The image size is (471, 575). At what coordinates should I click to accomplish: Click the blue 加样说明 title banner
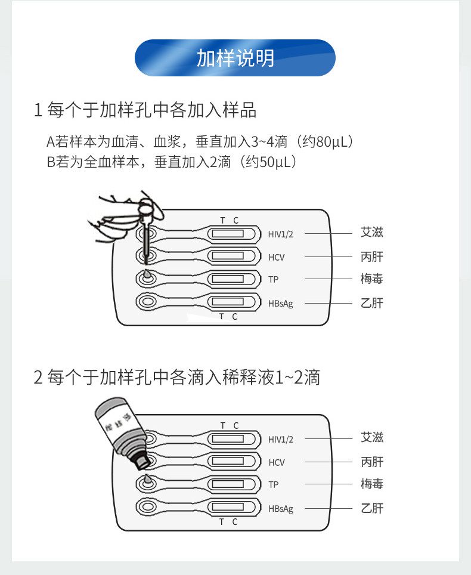(x=235, y=58)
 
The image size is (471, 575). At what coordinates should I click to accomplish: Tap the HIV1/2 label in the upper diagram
(x=280, y=234)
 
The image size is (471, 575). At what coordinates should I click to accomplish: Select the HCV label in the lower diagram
(x=277, y=462)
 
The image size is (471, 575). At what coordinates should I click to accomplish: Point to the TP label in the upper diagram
(x=273, y=279)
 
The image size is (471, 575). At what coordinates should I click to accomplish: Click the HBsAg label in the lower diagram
(x=280, y=509)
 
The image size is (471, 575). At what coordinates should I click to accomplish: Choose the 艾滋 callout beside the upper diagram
(x=371, y=232)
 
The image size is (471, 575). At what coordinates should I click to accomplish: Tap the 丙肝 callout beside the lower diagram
(x=371, y=462)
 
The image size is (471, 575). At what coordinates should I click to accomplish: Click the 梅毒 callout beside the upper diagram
(x=371, y=279)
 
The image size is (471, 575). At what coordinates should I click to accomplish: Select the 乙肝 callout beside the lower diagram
(x=371, y=508)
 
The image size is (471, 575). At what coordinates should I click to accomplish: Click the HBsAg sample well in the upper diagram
(x=146, y=302)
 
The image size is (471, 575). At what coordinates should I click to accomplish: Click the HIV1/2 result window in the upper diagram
(x=228, y=233)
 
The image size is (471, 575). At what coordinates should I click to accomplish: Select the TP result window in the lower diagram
(x=228, y=484)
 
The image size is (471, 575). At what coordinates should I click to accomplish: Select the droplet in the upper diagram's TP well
(x=146, y=276)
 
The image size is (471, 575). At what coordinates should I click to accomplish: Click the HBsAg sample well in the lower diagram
(x=146, y=507)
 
